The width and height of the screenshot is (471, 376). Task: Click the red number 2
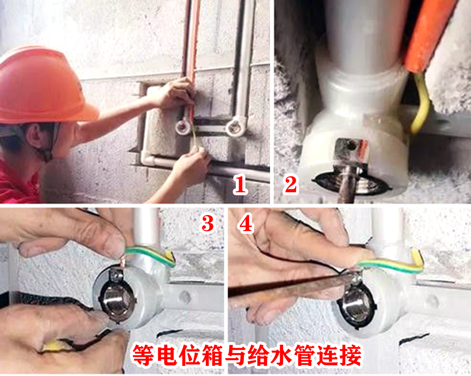click(290, 185)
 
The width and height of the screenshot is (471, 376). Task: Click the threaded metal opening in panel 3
click(118, 301)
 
